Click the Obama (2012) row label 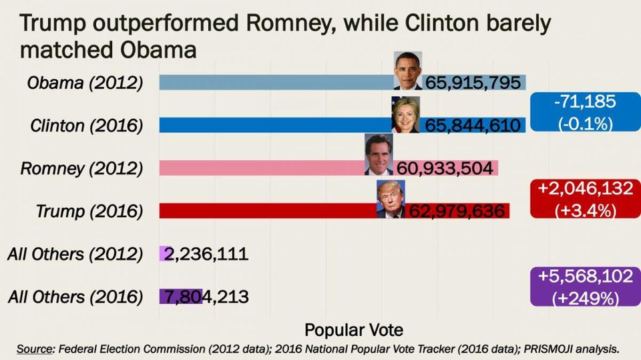(x=85, y=83)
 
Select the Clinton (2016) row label (x=87, y=126)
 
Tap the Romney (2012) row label (x=82, y=168)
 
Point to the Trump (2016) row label (x=89, y=211)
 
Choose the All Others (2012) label (x=75, y=254)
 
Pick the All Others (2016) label (x=75, y=297)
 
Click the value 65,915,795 (x=473, y=83)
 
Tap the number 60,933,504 (x=445, y=168)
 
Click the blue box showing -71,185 (x=584, y=112)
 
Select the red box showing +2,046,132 (x=584, y=198)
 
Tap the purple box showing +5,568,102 (x=584, y=287)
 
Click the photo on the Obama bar (x=408, y=70)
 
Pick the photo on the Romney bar (x=379, y=154)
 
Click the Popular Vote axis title (x=354, y=330)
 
